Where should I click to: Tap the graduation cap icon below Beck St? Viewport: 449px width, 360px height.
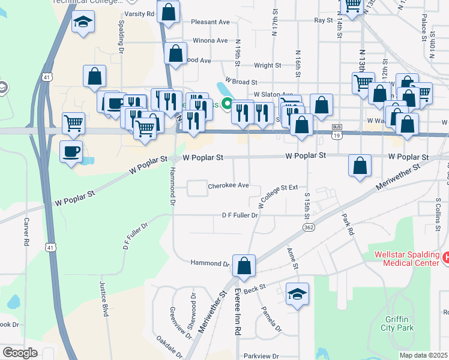297,294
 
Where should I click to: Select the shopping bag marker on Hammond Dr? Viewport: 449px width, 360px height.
244,266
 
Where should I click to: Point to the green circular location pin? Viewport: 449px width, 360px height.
227,104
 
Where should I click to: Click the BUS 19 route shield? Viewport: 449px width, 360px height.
337,132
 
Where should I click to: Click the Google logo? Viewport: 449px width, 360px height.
20,353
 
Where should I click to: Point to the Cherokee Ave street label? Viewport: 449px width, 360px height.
228,185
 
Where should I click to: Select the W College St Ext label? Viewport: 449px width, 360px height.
278,196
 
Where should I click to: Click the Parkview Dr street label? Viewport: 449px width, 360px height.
262,356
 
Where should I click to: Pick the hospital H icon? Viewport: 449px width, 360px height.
445,257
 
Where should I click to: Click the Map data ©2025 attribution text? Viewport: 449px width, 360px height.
423,355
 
